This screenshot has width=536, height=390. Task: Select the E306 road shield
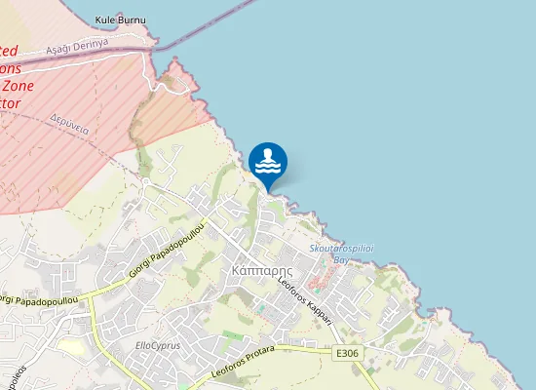344,353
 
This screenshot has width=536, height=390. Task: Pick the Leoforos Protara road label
244,361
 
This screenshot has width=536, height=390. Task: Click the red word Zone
26,85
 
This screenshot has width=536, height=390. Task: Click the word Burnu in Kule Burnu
135,19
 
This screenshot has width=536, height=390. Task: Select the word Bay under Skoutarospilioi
341,260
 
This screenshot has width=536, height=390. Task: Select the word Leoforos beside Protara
226,367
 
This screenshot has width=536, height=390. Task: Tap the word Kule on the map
105,19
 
